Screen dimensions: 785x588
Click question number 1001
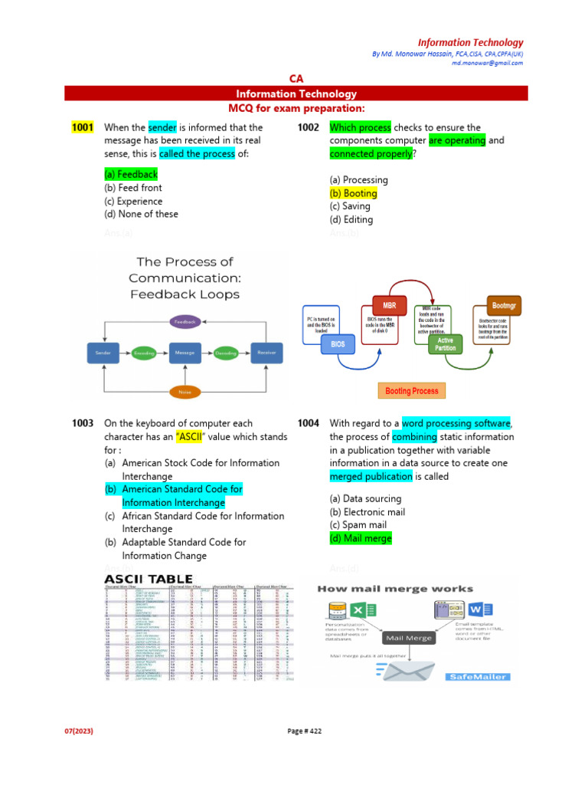click(x=82, y=128)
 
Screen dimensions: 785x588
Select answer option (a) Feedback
click(x=131, y=175)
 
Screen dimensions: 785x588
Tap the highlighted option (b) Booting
click(x=353, y=193)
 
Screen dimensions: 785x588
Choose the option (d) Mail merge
click(x=361, y=539)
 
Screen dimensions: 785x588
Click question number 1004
click(x=309, y=423)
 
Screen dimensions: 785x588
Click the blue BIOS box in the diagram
click(x=338, y=344)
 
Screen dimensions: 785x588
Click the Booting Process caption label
click(x=412, y=391)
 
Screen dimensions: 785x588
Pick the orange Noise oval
click(x=185, y=392)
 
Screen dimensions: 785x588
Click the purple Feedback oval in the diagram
click(x=185, y=321)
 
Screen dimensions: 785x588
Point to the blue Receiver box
click(x=267, y=353)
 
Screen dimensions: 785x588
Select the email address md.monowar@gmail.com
click(x=487, y=63)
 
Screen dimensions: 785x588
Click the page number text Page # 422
click(x=305, y=731)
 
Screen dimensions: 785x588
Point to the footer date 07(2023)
click(x=78, y=731)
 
